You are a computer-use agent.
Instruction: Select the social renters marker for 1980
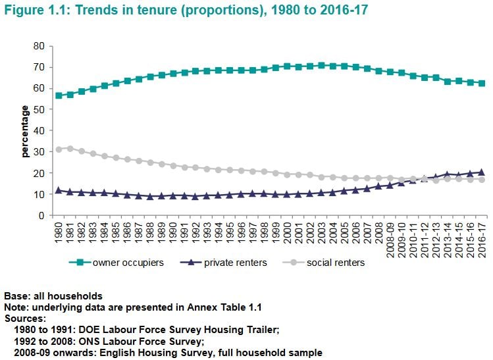tap(59, 149)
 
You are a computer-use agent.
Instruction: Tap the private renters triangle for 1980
tap(59, 190)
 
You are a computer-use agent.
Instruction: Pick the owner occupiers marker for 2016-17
tap(482, 83)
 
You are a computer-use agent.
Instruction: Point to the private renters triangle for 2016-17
tap(482, 172)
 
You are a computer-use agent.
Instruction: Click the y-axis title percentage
tap(25, 132)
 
